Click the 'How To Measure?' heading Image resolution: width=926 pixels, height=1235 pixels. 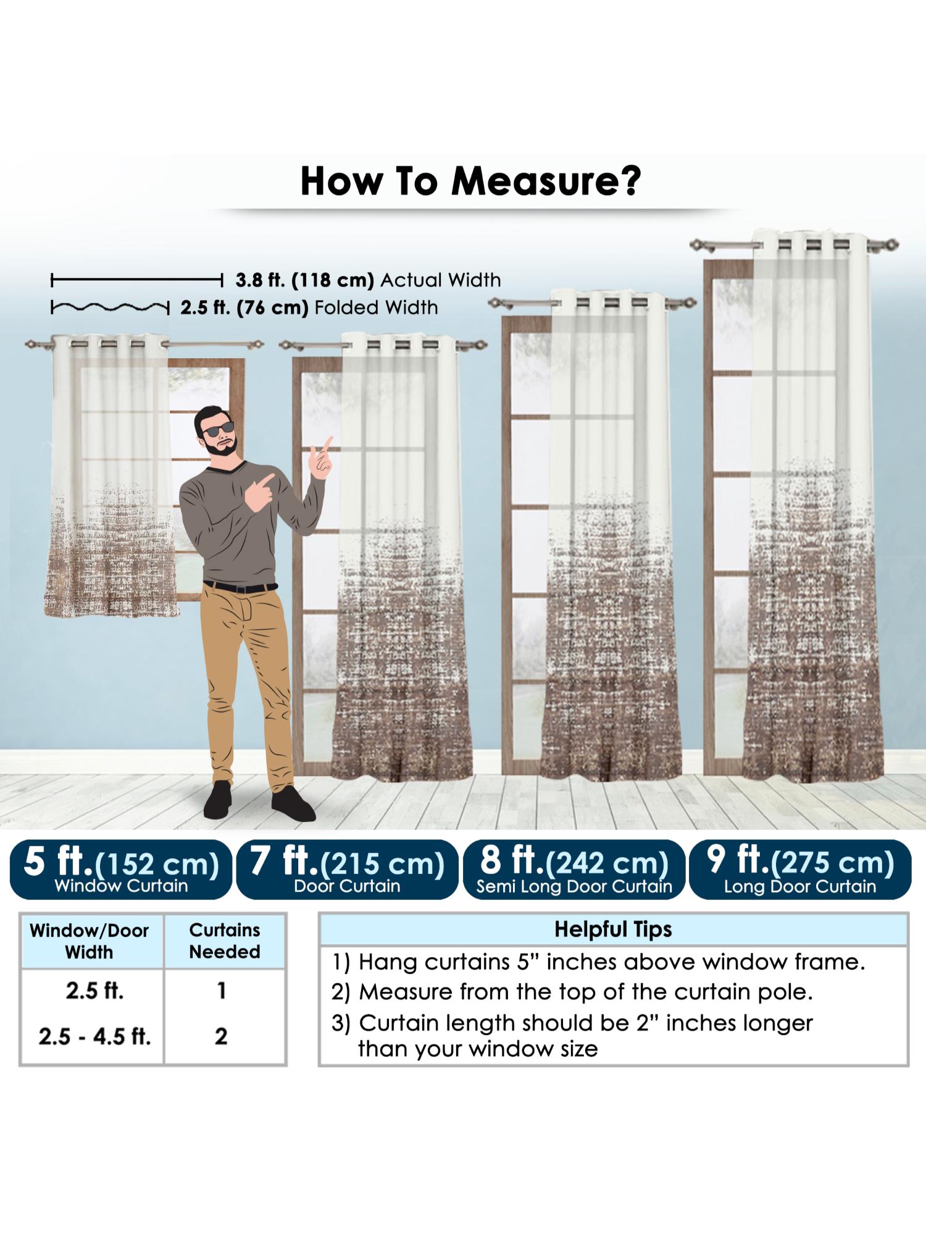tap(470, 181)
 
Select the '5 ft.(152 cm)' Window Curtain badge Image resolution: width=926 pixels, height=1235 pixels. tap(121, 869)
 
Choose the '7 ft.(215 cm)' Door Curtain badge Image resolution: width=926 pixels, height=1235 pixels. tap(347, 869)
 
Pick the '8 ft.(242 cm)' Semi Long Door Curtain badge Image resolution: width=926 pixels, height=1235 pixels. tap(574, 869)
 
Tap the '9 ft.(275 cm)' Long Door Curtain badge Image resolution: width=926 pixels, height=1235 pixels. tap(800, 869)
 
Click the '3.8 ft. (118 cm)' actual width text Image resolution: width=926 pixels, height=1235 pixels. tap(305, 280)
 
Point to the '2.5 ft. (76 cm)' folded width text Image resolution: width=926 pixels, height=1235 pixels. tap(244, 308)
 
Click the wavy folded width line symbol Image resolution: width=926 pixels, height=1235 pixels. tap(110, 307)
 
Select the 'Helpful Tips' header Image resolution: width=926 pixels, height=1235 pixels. tap(613, 929)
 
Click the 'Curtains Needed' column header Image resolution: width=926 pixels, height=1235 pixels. tap(225, 940)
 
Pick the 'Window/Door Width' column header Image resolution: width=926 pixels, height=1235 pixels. tap(90, 941)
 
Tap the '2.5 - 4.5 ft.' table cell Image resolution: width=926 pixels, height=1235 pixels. tap(94, 1036)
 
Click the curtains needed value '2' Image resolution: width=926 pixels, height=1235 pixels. tap(221, 1036)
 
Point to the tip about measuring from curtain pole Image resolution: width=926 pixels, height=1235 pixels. tap(572, 992)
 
